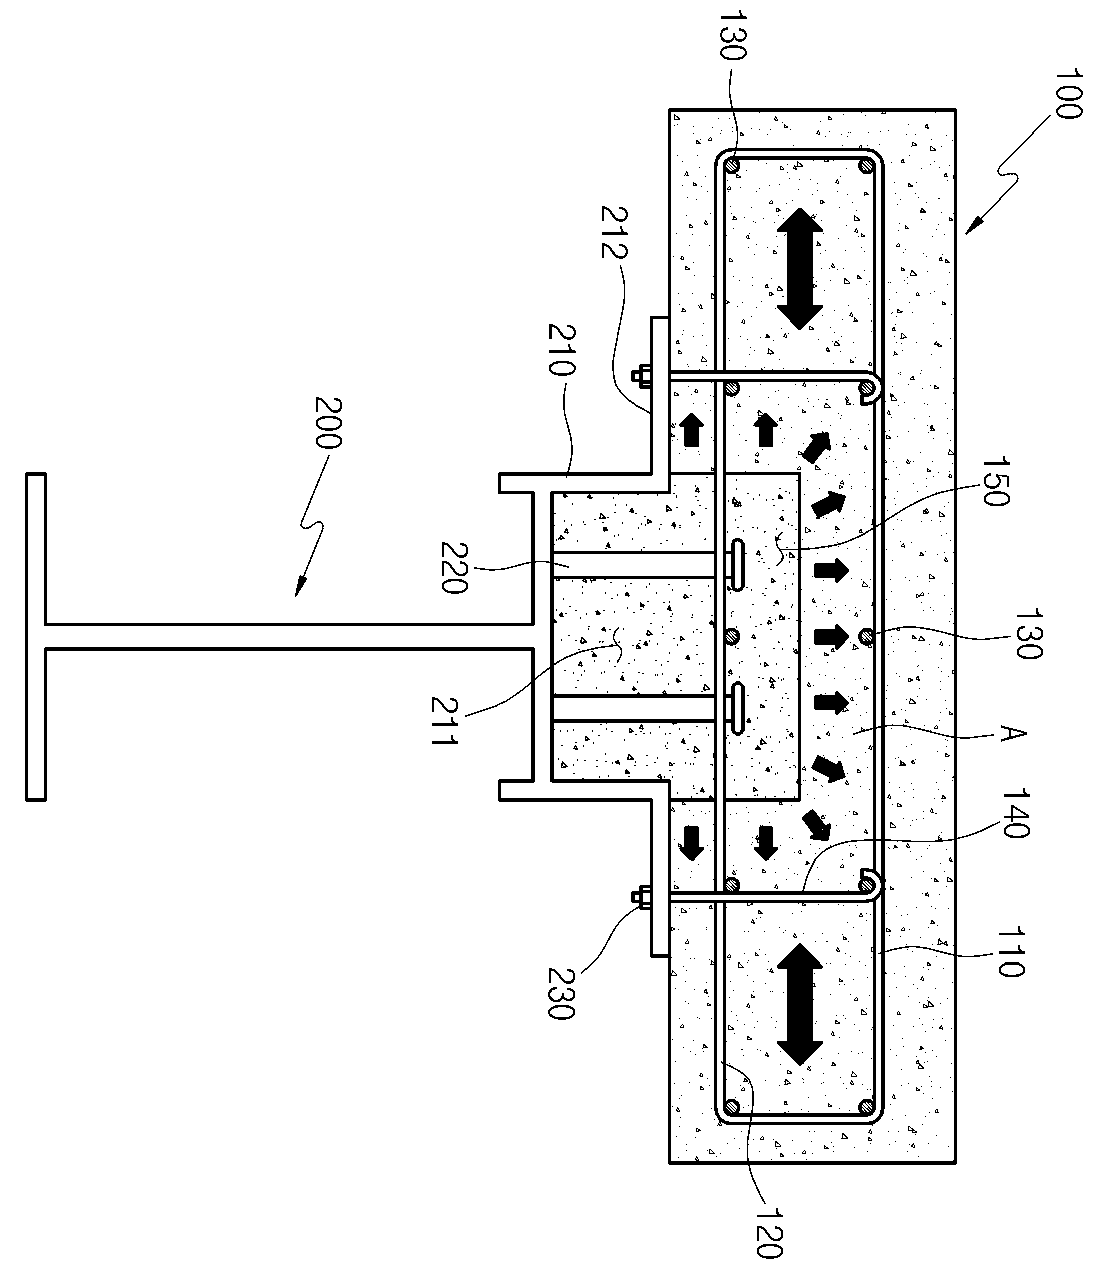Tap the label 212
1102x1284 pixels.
tap(614, 232)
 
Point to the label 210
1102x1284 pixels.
tap(562, 350)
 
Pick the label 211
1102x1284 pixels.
tap(444, 720)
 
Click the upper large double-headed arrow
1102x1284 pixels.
tap(800, 268)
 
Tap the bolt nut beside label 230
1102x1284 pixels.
tap(642, 897)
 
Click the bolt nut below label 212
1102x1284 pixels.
tap(642, 376)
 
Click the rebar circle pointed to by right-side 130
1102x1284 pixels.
tap(867, 636)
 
